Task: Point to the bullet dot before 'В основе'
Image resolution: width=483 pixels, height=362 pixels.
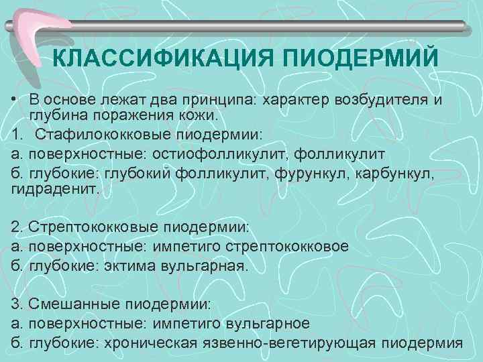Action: point(14,101)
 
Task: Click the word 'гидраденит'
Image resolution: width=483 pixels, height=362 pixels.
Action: point(54,190)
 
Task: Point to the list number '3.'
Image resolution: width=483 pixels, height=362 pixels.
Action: point(16,305)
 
